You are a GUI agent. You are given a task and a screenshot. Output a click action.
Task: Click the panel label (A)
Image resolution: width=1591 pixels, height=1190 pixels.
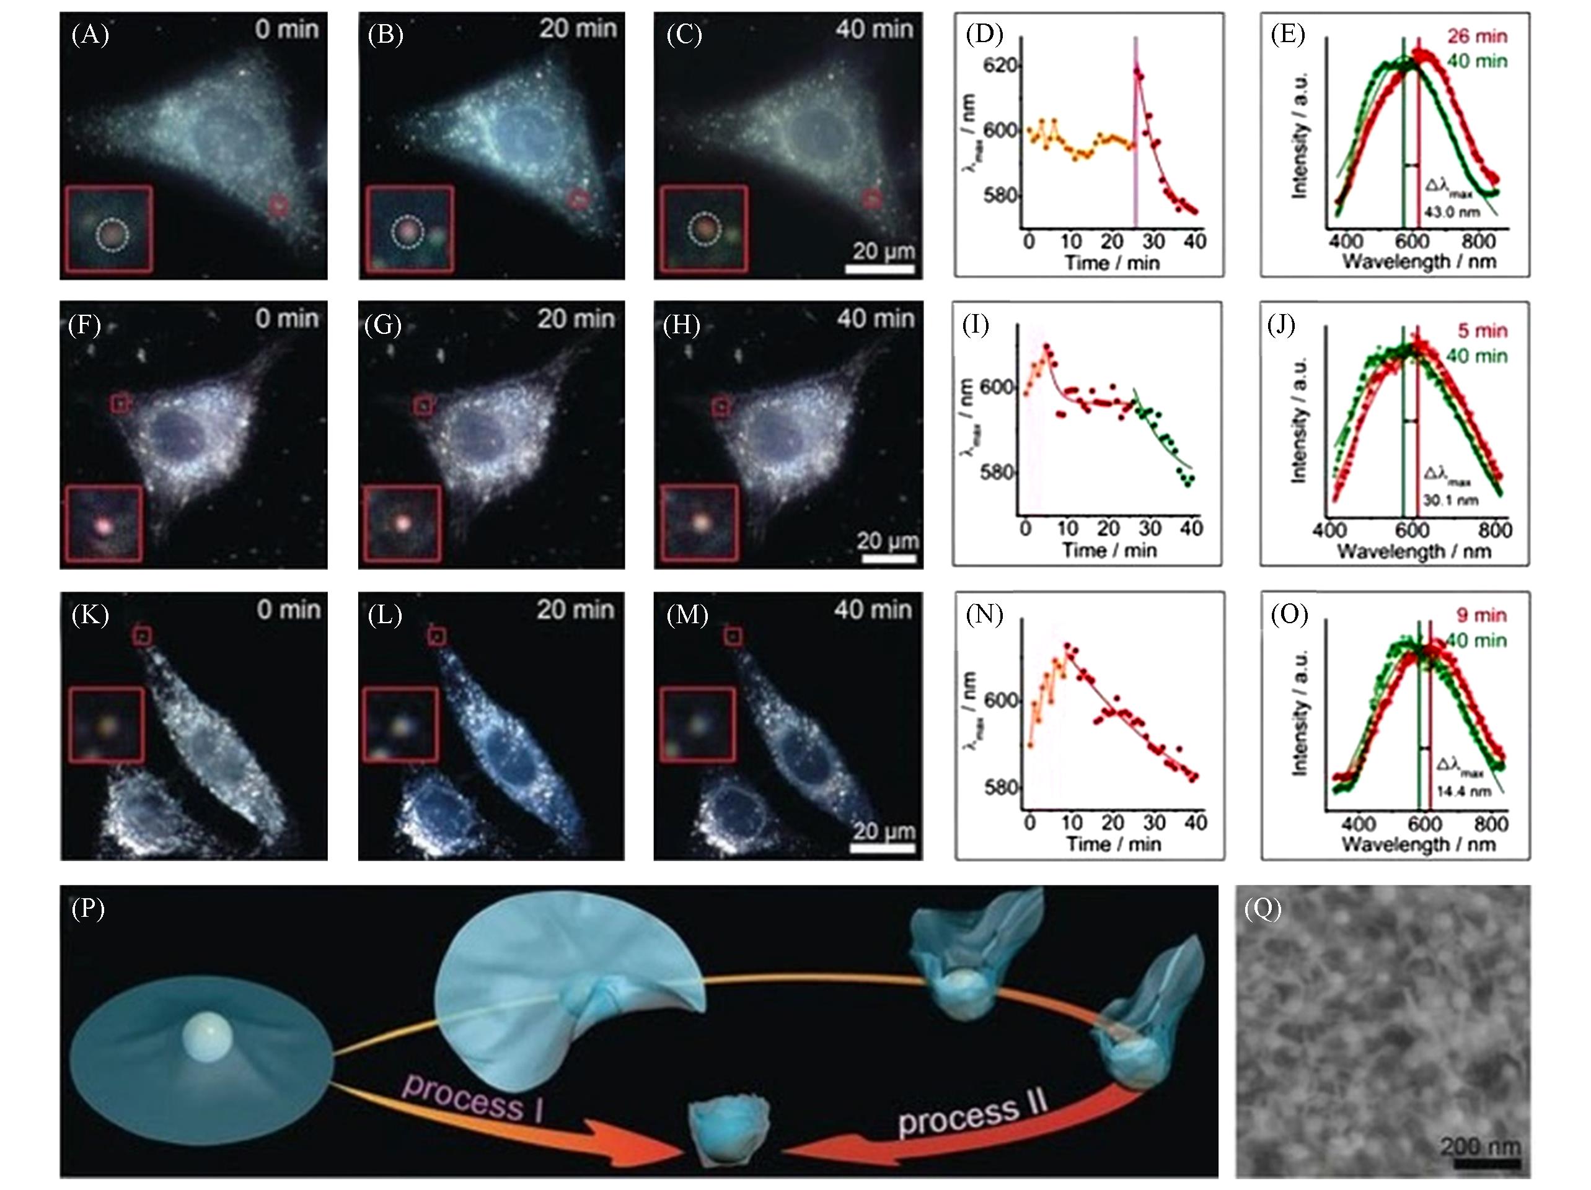pyautogui.click(x=90, y=35)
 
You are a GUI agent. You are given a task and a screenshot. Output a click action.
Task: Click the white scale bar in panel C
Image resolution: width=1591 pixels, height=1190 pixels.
pyautogui.click(x=879, y=269)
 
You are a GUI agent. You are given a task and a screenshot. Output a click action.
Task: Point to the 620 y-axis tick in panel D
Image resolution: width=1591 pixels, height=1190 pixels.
pyautogui.click(x=1000, y=66)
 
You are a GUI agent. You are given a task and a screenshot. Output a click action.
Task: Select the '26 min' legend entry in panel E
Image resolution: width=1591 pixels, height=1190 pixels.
pyautogui.click(x=1476, y=37)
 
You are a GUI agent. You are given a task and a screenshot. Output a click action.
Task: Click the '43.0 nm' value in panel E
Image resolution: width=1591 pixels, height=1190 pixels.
pyautogui.click(x=1452, y=212)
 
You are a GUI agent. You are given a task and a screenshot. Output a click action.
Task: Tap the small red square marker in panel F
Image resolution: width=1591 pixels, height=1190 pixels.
pyautogui.click(x=120, y=403)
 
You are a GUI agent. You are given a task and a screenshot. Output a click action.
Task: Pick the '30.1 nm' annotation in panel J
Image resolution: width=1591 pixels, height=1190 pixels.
pyautogui.click(x=1450, y=500)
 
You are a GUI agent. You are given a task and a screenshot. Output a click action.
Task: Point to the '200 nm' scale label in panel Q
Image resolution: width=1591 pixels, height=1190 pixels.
pyautogui.click(x=1479, y=1145)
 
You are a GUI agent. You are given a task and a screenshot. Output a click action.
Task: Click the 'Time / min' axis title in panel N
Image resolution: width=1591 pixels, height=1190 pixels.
pyautogui.click(x=1113, y=844)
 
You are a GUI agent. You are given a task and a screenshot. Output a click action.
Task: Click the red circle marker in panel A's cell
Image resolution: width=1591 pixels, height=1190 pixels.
pyautogui.click(x=278, y=206)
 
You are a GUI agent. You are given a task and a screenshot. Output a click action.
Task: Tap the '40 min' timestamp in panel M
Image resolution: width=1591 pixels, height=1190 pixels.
pyautogui.click(x=873, y=610)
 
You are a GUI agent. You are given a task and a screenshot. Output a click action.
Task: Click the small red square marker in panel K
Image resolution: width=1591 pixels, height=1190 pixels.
pyautogui.click(x=143, y=636)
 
